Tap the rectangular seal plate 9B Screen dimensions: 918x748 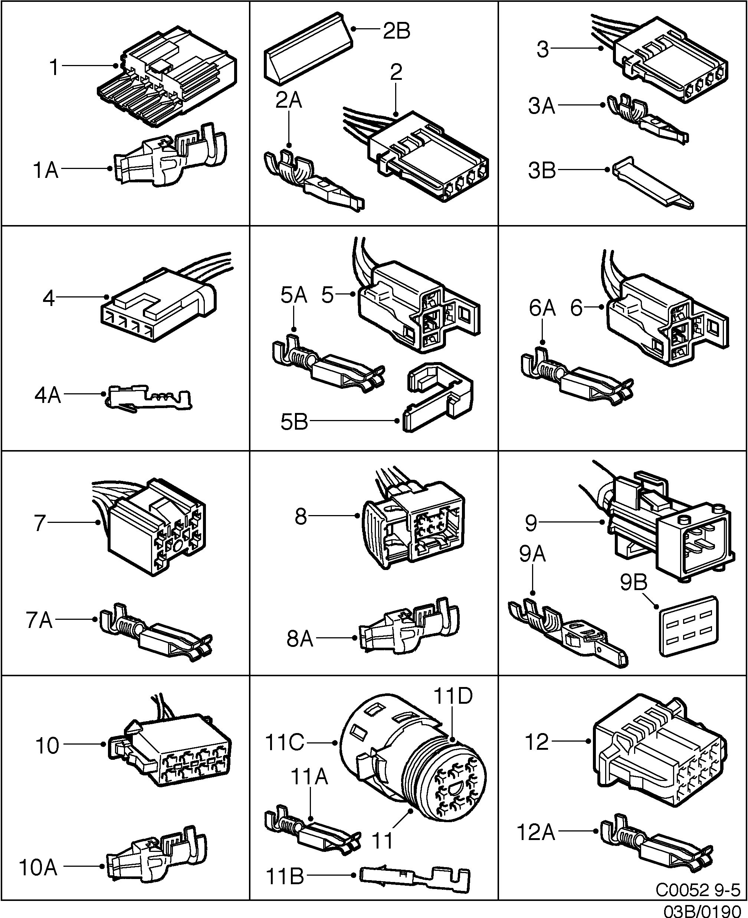[x=689, y=626]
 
